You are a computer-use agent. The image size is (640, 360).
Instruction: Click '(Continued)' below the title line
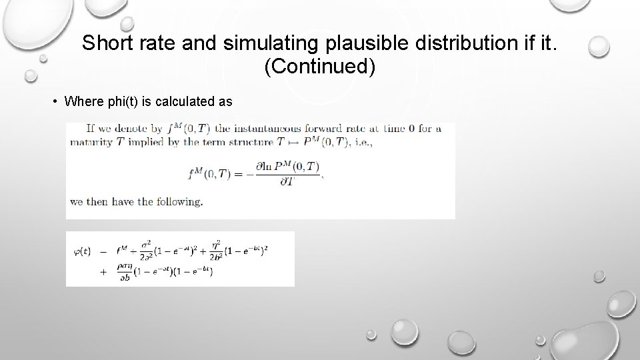click(320, 67)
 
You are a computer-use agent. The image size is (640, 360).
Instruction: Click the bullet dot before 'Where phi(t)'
click(55, 101)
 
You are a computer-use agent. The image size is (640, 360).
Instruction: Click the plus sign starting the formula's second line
click(103, 271)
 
